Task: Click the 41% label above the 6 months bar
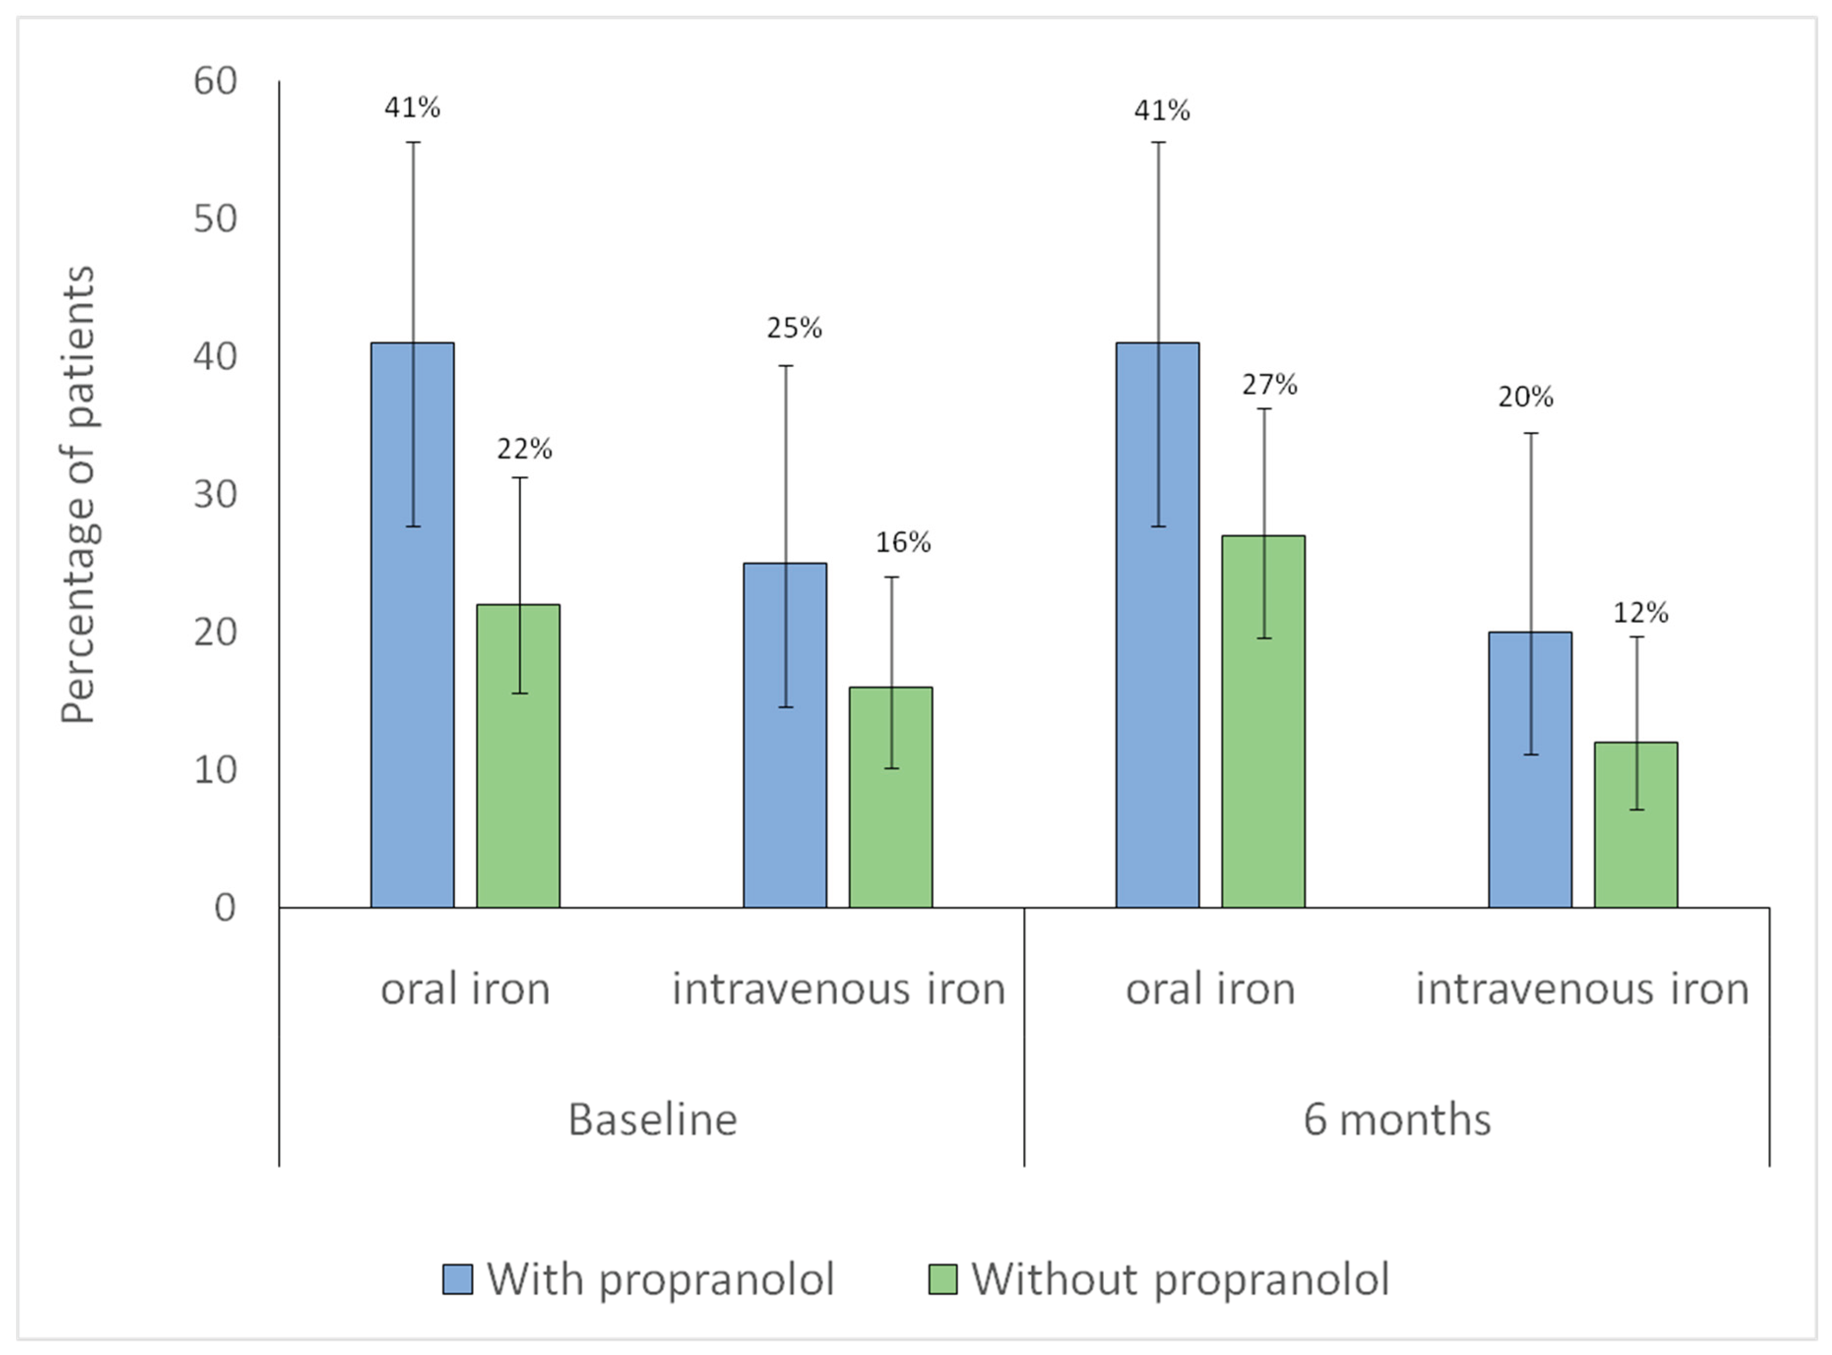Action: coord(1162,110)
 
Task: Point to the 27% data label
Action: coord(1269,384)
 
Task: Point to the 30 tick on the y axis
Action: coord(215,494)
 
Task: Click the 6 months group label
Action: coord(1397,1119)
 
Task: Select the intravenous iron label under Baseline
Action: coord(838,988)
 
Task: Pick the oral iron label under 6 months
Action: coord(1210,988)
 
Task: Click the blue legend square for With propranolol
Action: coord(457,1279)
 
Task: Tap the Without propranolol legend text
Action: coord(1180,1279)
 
